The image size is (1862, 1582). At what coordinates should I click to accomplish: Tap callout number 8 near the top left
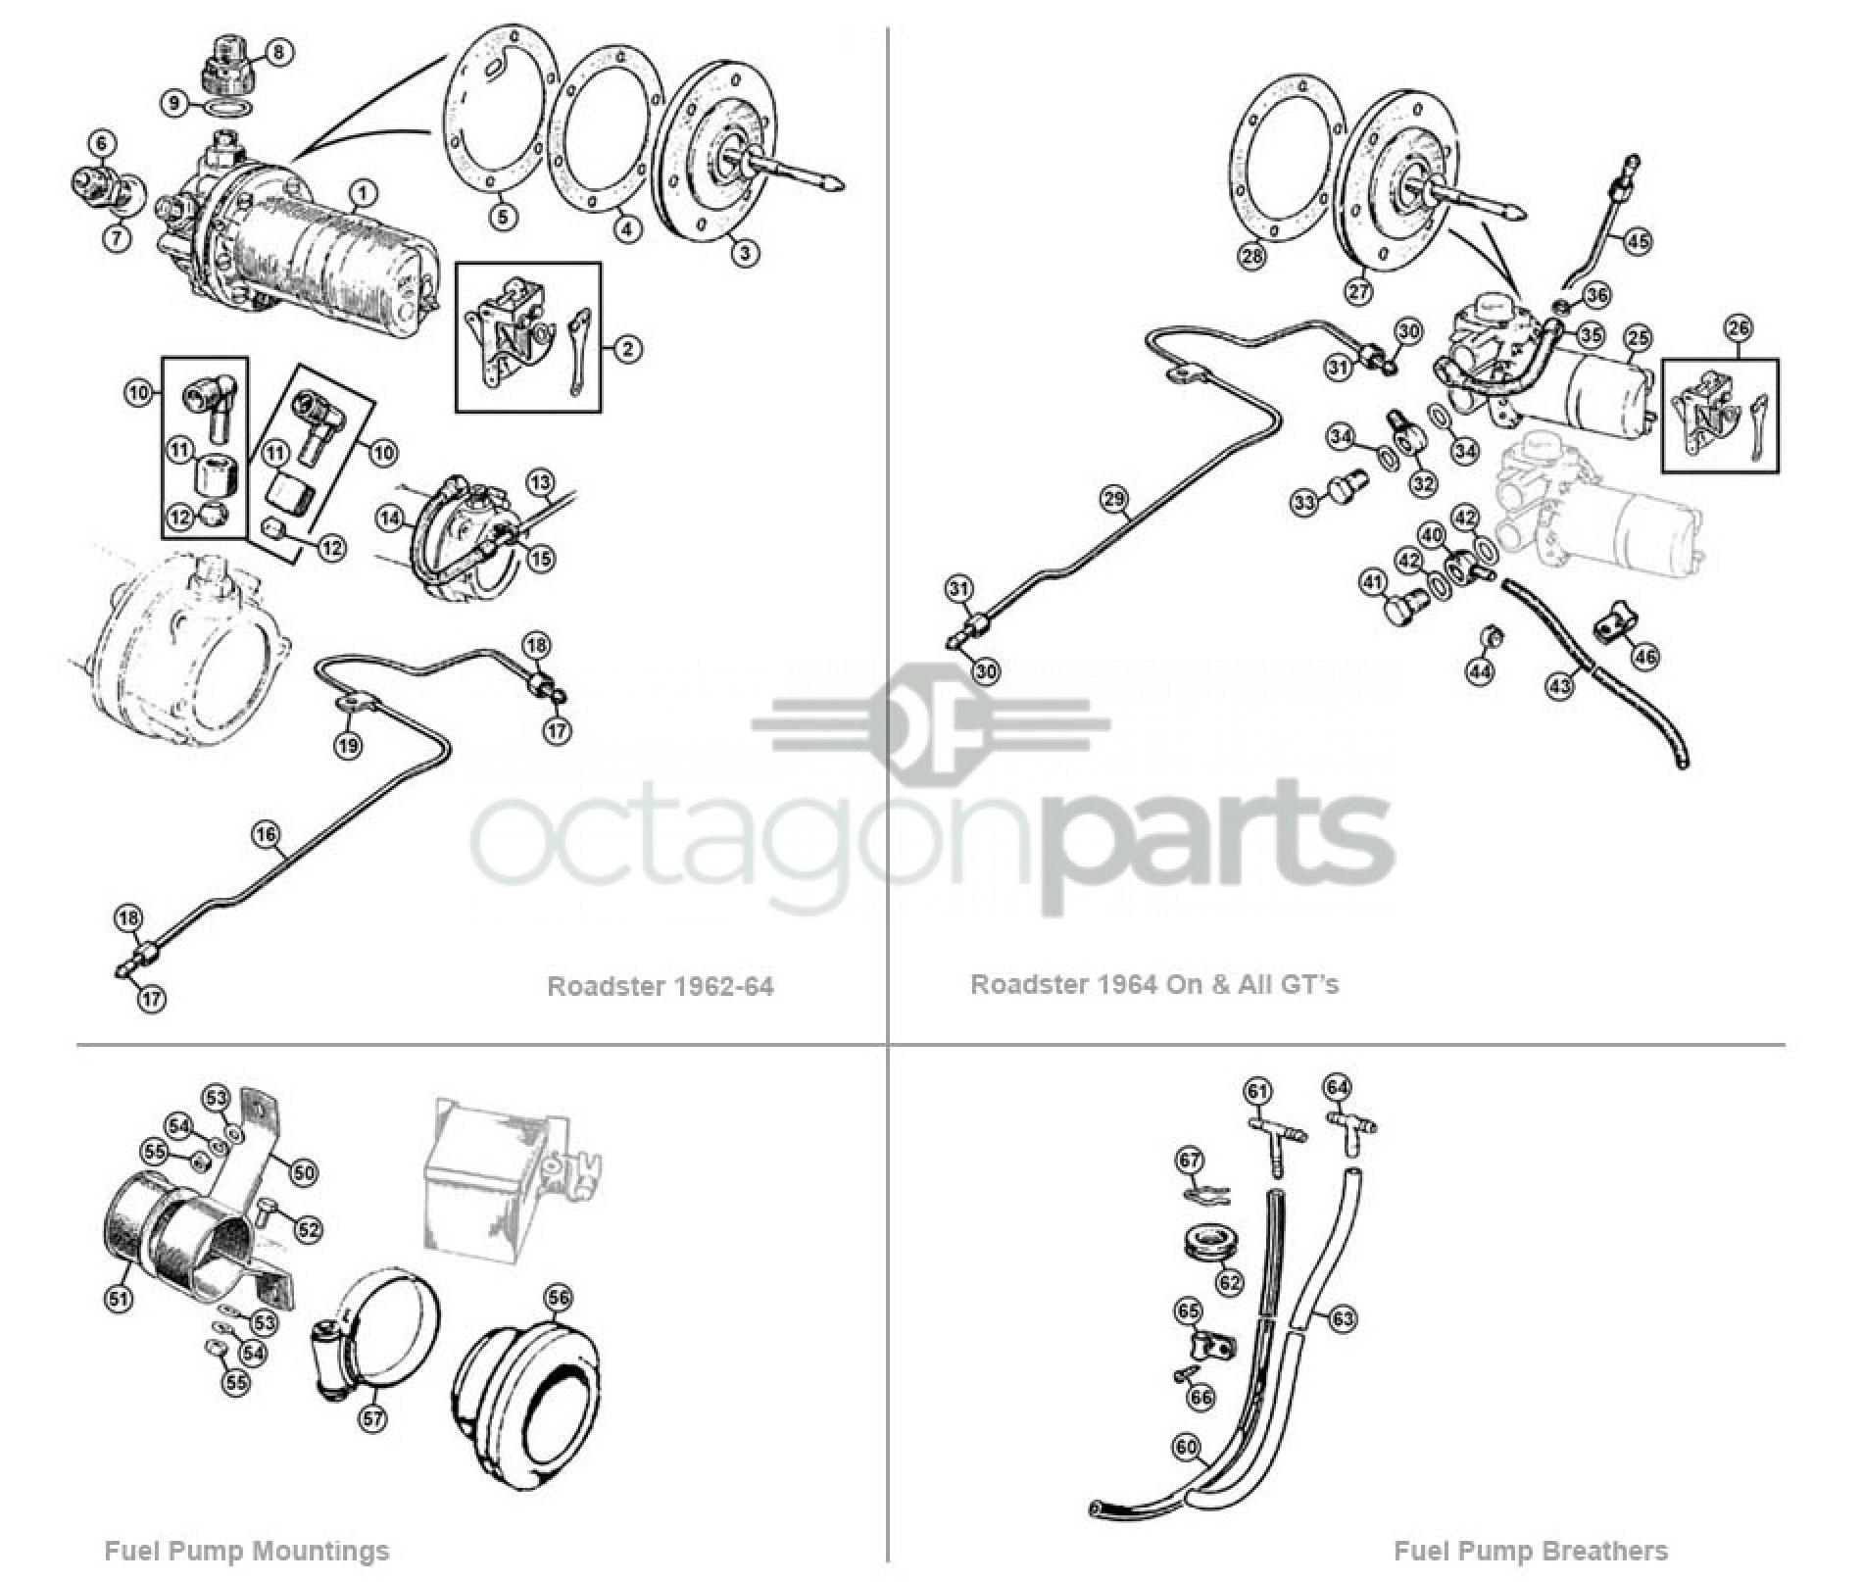277,52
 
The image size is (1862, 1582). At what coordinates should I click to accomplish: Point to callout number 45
1638,240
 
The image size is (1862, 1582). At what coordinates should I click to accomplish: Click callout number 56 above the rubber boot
558,1299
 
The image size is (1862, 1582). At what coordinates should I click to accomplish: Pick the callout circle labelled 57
372,1418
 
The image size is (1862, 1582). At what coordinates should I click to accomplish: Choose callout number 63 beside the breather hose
1342,1318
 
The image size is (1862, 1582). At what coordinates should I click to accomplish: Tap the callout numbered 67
1190,1162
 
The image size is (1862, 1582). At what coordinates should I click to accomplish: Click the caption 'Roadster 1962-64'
660,986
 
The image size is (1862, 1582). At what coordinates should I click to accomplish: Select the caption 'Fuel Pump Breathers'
1530,1552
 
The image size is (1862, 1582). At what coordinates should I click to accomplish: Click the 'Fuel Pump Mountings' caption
246,1552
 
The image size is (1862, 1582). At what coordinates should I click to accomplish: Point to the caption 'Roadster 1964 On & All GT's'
1153,984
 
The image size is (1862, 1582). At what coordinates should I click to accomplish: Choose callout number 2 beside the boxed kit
628,349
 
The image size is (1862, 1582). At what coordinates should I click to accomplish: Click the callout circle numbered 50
304,1172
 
